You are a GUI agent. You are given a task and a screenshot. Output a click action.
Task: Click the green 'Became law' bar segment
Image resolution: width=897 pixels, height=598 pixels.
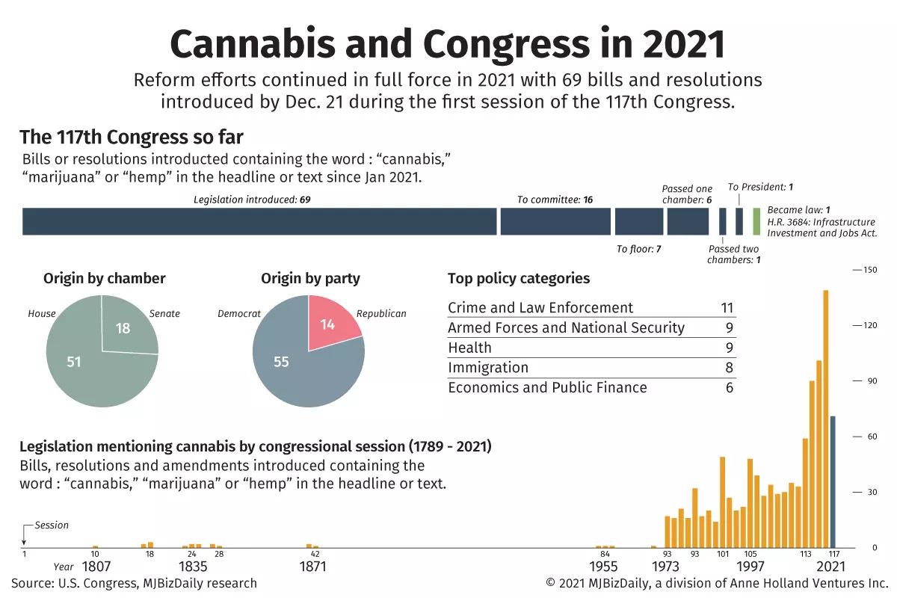756,221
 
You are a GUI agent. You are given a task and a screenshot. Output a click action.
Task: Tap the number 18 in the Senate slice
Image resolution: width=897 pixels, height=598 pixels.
123,328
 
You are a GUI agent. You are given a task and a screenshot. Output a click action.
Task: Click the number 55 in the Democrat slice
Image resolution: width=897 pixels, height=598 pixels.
281,362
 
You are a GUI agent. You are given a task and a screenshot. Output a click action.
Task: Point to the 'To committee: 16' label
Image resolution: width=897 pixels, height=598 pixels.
555,200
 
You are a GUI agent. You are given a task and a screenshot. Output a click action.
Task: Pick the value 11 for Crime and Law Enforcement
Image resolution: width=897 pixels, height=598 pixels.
726,308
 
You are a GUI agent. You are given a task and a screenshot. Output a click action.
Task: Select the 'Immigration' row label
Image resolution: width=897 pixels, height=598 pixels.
487,368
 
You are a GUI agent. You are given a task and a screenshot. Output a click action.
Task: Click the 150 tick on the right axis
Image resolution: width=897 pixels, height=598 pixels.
870,270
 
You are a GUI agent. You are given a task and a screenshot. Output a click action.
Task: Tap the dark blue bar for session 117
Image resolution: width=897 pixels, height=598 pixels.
833,481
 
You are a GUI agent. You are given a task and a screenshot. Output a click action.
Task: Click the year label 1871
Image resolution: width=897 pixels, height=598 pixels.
312,567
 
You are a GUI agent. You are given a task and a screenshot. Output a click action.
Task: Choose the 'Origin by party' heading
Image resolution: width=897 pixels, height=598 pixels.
310,279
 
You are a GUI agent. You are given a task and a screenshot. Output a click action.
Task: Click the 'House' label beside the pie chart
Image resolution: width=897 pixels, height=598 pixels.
42,313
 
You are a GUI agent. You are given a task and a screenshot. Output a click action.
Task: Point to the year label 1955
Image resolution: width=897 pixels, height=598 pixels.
604,567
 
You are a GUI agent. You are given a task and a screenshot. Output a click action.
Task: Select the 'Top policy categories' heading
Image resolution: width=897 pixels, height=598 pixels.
518,279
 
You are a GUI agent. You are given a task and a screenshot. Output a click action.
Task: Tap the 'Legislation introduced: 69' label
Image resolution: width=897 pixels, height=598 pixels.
251,200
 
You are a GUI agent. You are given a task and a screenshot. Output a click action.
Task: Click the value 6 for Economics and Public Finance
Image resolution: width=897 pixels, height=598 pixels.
729,387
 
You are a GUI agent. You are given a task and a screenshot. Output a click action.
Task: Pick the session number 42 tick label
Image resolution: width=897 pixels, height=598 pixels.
315,554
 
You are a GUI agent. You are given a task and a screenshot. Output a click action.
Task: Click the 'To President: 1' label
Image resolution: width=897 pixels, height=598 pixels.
760,187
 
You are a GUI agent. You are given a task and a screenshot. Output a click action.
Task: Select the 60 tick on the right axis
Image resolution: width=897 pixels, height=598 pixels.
870,437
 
